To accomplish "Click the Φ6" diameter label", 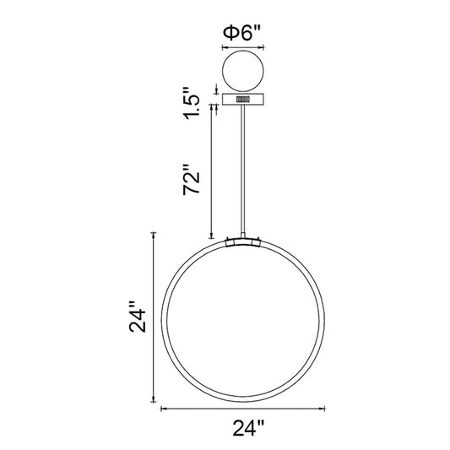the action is tap(241, 34).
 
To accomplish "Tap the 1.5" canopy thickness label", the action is tap(192, 103).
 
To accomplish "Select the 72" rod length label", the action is tap(191, 180).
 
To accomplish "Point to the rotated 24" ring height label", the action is tap(138, 317).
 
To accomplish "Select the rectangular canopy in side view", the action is tap(243, 100).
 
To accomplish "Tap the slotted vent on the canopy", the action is tap(243, 99).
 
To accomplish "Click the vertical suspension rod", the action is tap(243, 170).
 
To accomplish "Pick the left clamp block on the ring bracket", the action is tap(230, 244).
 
